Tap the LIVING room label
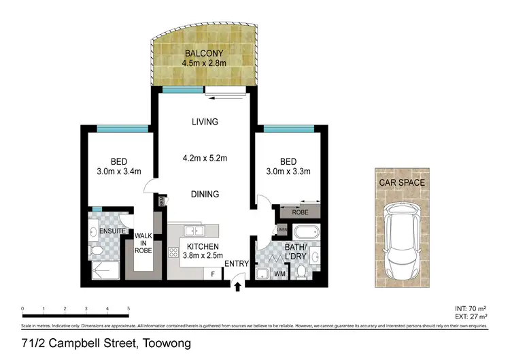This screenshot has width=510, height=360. tap(204, 122)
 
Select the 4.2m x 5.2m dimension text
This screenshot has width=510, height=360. tap(204, 159)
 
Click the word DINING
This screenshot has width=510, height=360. tap(204, 194)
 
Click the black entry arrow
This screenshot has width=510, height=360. tap(237, 288)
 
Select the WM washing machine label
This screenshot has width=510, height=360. tap(279, 274)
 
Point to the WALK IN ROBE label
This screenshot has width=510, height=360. tap(143, 244)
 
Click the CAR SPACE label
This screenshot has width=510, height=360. tap(403, 182)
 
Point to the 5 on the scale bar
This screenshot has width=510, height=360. tap(129, 309)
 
